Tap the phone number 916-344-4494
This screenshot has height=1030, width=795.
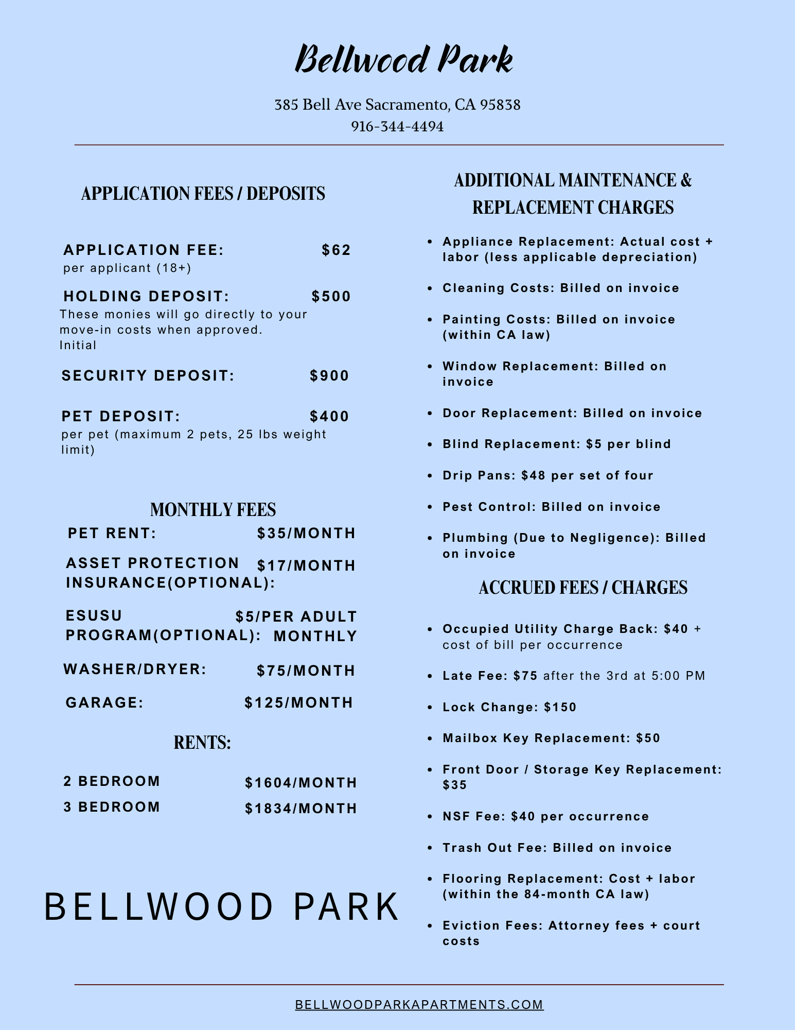(397, 127)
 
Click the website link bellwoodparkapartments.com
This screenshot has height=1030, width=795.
(419, 1005)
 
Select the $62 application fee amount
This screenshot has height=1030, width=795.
(337, 250)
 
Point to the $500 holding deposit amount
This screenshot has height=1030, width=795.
(331, 297)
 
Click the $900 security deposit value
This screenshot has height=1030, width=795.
(330, 376)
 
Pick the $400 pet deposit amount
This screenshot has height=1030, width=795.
(330, 417)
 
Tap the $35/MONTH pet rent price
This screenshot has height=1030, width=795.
(306, 534)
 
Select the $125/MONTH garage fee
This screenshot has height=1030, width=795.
(299, 703)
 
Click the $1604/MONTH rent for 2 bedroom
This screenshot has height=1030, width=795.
(301, 783)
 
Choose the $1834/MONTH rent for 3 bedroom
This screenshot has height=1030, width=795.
(301, 809)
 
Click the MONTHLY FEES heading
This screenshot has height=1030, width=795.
(213, 510)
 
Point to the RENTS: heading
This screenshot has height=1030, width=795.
(202, 743)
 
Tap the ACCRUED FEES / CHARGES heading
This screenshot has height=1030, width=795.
(583, 588)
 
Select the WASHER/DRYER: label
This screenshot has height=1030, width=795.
(135, 669)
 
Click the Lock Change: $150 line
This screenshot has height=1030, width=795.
(509, 707)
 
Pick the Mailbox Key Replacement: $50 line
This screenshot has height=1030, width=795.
(551, 739)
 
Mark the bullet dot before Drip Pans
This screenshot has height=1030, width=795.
(430, 476)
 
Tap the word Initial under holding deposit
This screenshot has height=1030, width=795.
(78, 346)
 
